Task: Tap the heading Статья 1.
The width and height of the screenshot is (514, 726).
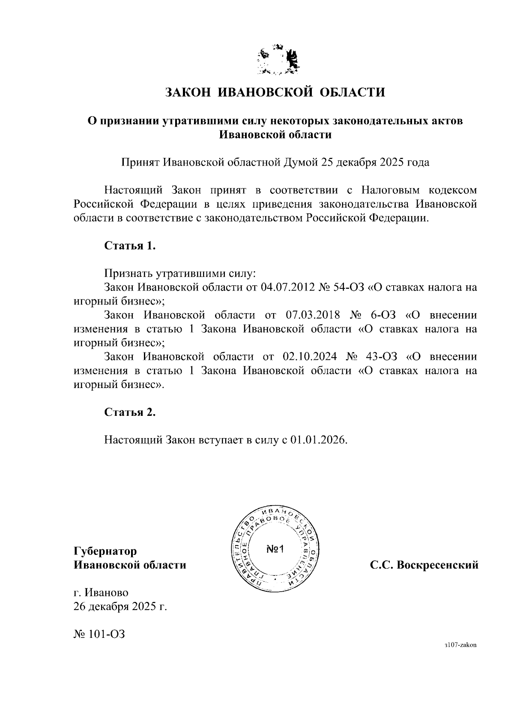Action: coord(129,246)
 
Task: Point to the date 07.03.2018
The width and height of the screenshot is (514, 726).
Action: coord(312,315)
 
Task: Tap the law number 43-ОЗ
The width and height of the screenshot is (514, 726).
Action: coord(382,357)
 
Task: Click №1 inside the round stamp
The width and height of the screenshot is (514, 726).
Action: coord(275,549)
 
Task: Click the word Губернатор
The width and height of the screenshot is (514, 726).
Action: coord(105,551)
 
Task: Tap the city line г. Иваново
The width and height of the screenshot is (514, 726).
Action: coord(101,593)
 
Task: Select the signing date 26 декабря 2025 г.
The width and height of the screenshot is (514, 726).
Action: coord(120,607)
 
